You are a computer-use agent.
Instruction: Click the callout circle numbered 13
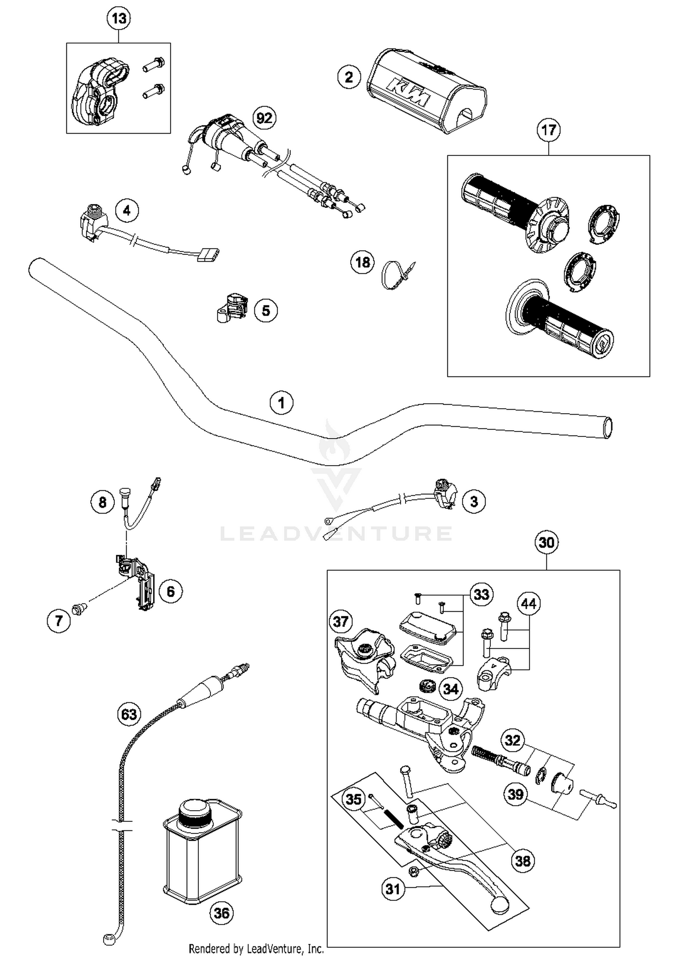pyautogui.click(x=119, y=18)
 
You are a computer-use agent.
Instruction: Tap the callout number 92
pyautogui.click(x=264, y=118)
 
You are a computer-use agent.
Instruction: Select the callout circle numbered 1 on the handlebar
pyautogui.click(x=281, y=402)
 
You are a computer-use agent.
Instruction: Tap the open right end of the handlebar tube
pyautogui.click(x=607, y=427)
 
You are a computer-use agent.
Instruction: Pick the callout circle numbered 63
pyautogui.click(x=129, y=713)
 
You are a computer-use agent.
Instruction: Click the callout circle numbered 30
pyautogui.click(x=546, y=543)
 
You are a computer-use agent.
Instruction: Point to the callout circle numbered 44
pyautogui.click(x=529, y=604)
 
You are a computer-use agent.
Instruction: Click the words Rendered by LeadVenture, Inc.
pyautogui.click(x=256, y=949)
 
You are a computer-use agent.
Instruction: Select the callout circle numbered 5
pyautogui.click(x=266, y=311)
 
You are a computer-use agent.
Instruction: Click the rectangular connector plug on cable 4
pyautogui.click(x=206, y=255)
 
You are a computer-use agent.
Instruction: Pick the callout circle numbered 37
pyautogui.click(x=341, y=621)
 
